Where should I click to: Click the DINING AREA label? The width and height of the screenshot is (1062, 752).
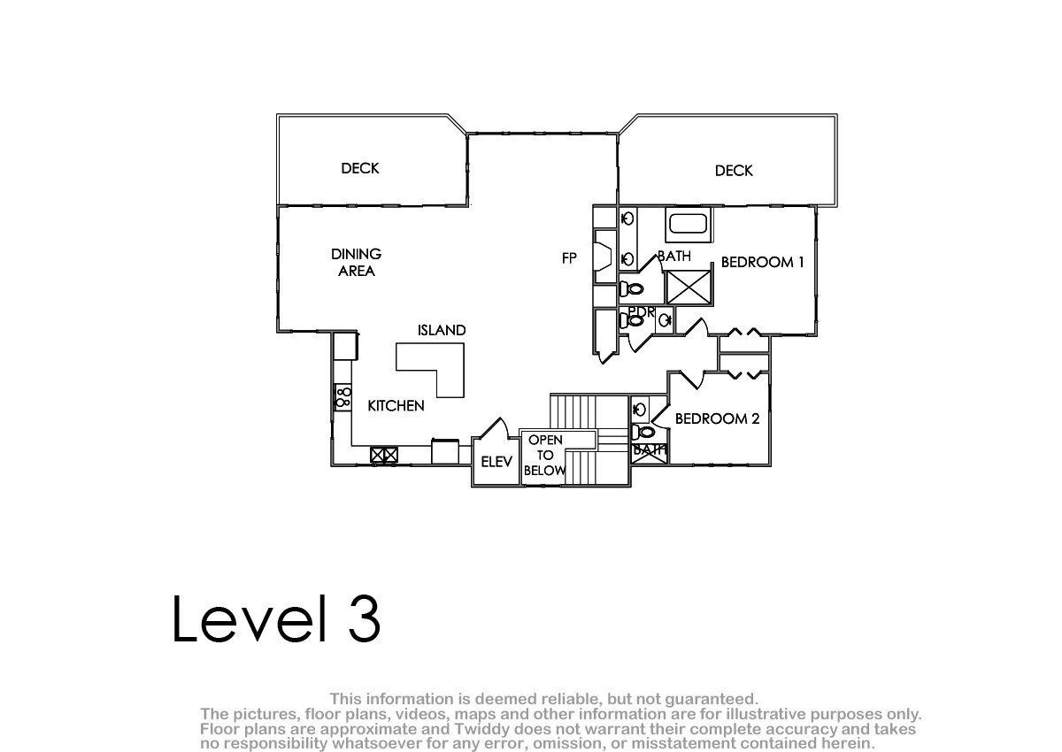coord(356,263)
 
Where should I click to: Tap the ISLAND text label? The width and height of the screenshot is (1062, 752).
coord(442,330)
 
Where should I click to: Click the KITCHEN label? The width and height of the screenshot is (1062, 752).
coord(396,405)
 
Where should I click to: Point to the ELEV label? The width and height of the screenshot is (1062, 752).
coord(496,462)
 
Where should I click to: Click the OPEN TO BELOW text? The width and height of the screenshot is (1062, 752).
coord(545,455)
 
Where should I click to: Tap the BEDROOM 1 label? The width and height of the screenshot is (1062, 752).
coord(762,262)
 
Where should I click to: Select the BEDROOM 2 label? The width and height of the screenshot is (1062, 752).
coord(717,418)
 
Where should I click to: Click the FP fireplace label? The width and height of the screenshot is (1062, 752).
coord(569,258)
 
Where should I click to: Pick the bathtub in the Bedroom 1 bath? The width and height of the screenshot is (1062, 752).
coord(689,224)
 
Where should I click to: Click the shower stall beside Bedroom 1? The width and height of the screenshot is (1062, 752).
coord(689,288)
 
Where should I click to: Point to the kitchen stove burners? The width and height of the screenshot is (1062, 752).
coord(343,397)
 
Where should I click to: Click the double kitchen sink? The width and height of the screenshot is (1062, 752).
coord(383,455)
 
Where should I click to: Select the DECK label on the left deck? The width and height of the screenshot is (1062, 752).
coord(360,168)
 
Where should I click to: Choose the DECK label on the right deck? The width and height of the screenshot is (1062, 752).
coord(734,171)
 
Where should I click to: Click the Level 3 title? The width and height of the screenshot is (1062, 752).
coord(276,618)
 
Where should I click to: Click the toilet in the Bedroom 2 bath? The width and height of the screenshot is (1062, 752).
coord(643,432)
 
